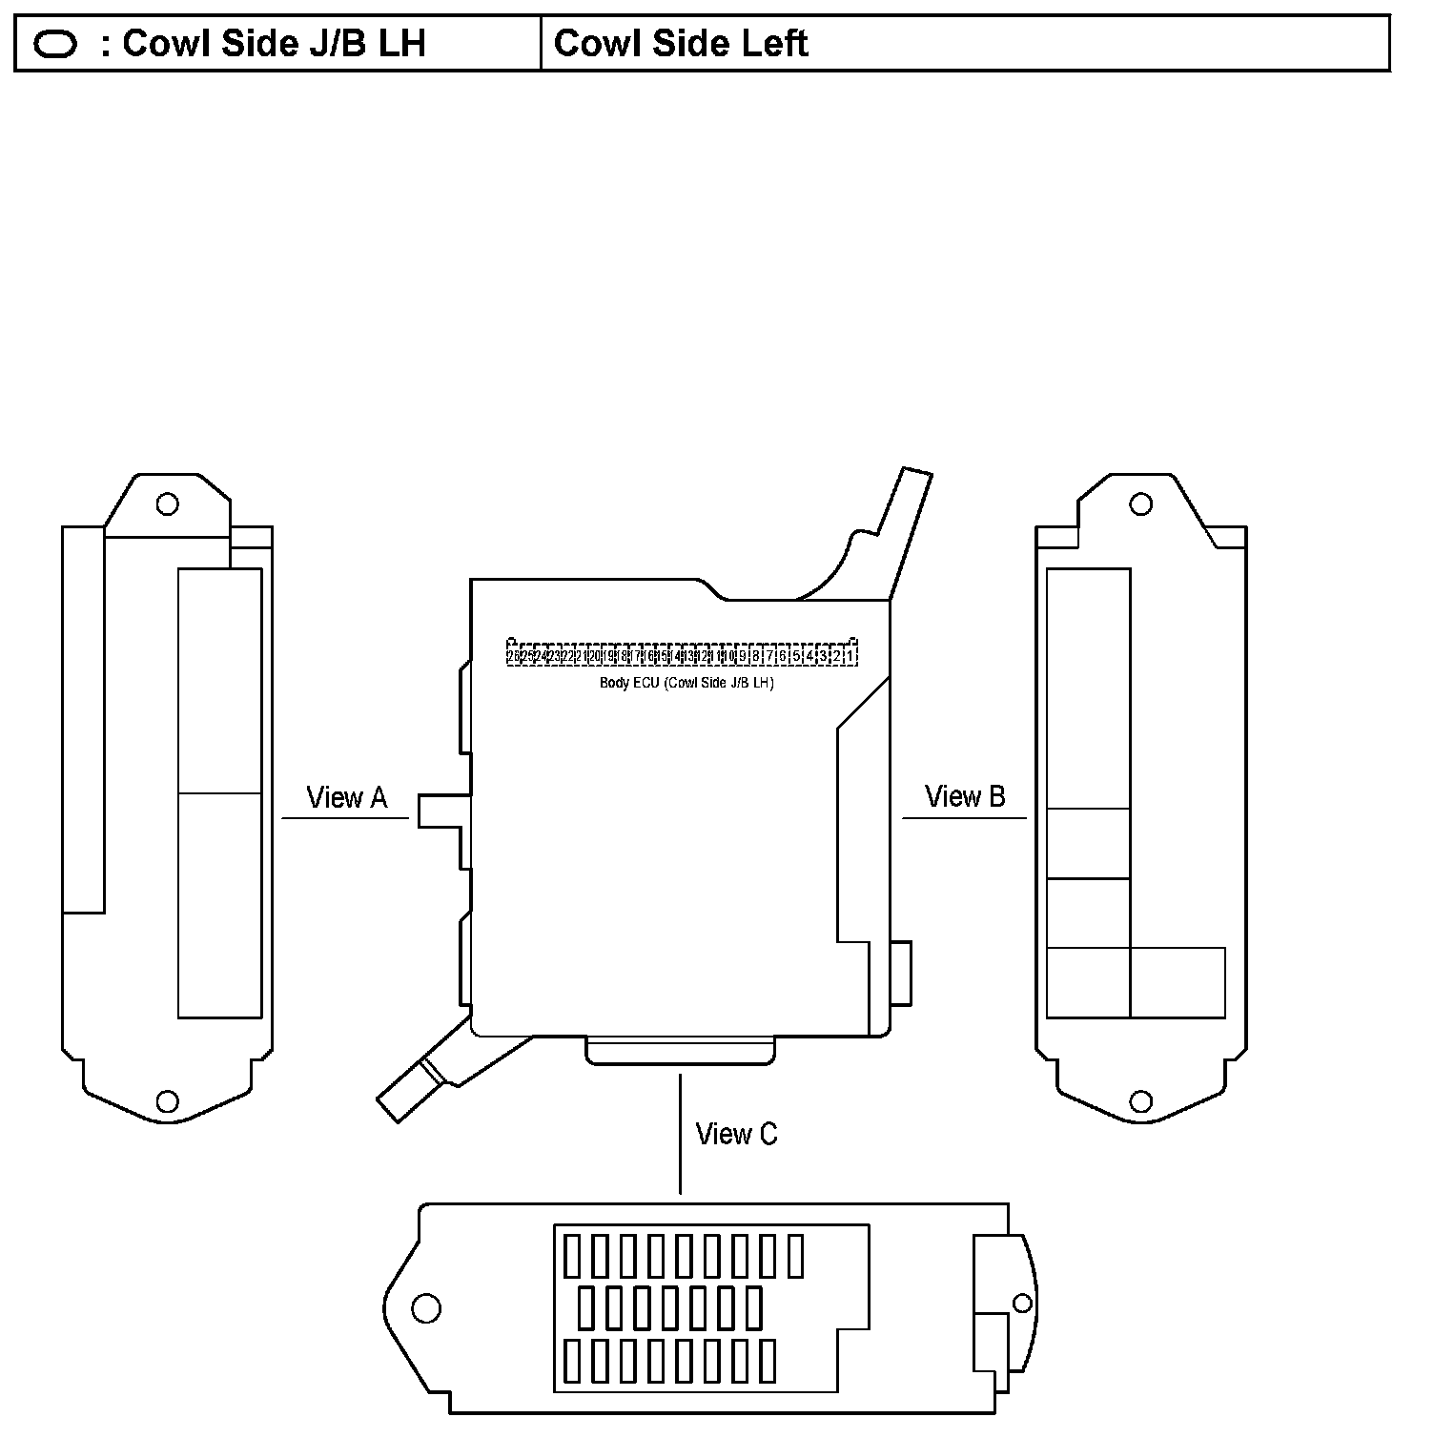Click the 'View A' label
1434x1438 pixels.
[346, 797]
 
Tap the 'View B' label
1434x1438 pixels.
[965, 796]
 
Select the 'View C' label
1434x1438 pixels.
[736, 1134]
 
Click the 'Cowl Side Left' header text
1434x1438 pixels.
[681, 44]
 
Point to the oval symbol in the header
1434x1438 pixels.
[55, 45]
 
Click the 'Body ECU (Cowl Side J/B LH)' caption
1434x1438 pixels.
[686, 683]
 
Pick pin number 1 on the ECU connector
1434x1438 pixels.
[850, 656]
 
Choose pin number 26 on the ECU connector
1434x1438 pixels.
[513, 656]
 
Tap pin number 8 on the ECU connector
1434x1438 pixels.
[755, 656]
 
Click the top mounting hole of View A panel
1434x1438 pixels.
[168, 503]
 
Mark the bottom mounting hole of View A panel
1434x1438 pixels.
[168, 1101]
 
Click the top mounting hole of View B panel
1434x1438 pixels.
[1140, 503]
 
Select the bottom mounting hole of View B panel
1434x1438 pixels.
[1140, 1101]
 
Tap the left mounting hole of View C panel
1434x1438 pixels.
[425, 1307]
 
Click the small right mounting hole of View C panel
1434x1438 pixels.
[1022, 1303]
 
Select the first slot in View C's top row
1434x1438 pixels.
[571, 1256]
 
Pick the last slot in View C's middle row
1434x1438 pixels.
[754, 1308]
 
